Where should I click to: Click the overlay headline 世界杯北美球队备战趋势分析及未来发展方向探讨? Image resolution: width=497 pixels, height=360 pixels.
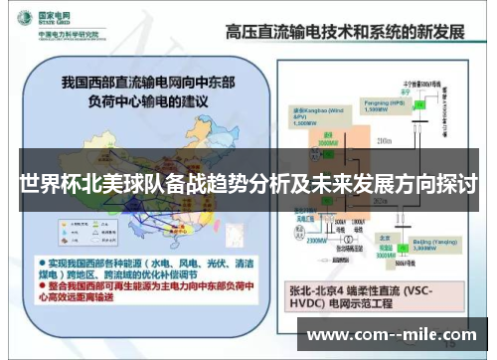pos(248,186)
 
